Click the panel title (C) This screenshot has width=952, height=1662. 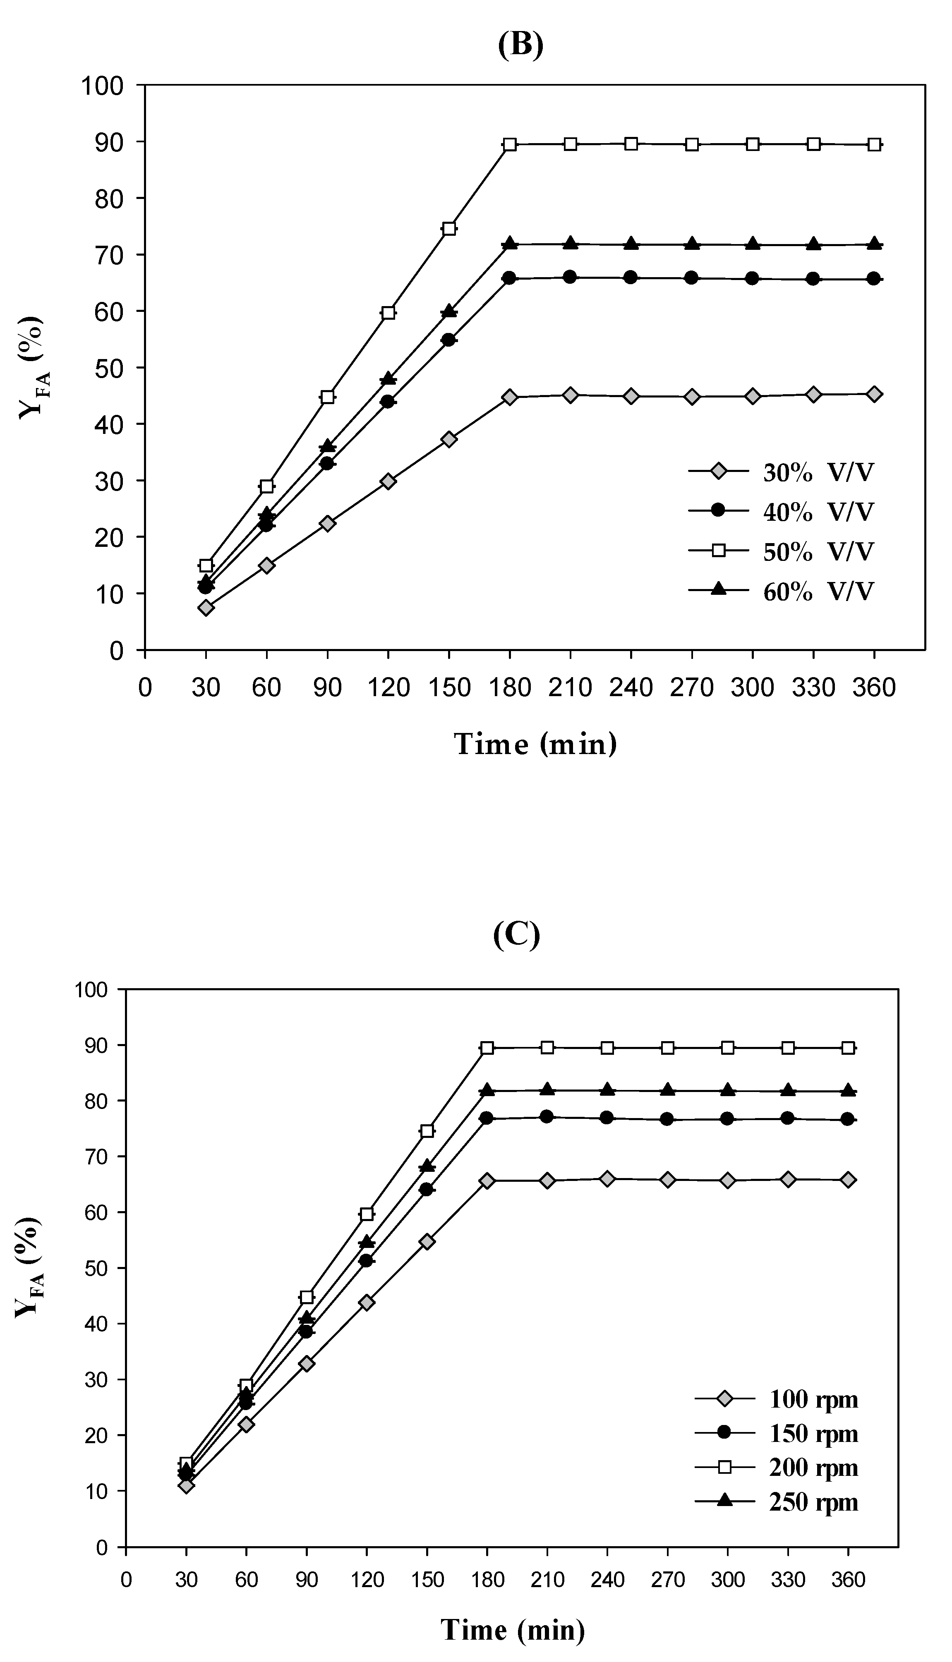point(516,935)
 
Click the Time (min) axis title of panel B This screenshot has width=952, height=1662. point(535,745)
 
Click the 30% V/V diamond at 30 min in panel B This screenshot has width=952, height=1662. point(206,608)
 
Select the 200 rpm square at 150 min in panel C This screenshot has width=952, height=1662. point(427,1130)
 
